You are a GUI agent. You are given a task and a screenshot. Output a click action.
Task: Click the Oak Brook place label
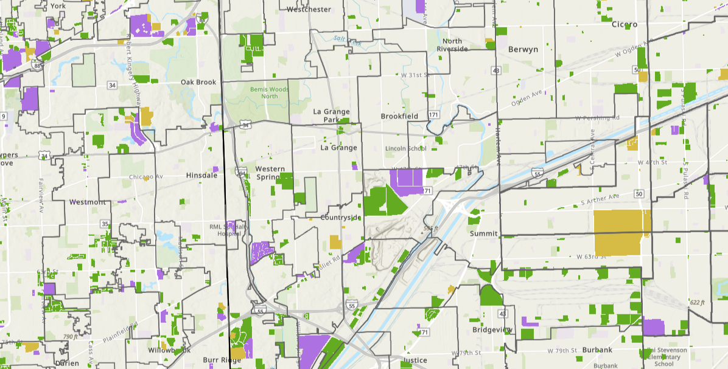[x=198, y=82]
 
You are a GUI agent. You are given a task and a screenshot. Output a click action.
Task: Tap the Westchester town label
[x=309, y=9]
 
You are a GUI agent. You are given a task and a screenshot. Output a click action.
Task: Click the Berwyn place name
[x=522, y=49]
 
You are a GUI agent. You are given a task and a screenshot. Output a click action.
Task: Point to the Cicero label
[x=624, y=24]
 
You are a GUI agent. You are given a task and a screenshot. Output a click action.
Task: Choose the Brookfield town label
[x=399, y=116]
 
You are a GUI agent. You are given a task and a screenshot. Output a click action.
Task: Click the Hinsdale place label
[x=202, y=175]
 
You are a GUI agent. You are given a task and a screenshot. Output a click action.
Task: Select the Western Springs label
[x=270, y=173]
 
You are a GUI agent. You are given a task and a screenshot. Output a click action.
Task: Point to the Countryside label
[x=341, y=218]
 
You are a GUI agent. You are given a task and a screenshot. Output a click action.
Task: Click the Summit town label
[x=484, y=233]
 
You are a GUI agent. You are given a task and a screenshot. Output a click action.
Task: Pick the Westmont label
[x=88, y=202]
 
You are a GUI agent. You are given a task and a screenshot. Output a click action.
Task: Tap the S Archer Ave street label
[x=600, y=198]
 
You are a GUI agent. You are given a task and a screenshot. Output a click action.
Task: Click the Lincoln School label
[x=405, y=148]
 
